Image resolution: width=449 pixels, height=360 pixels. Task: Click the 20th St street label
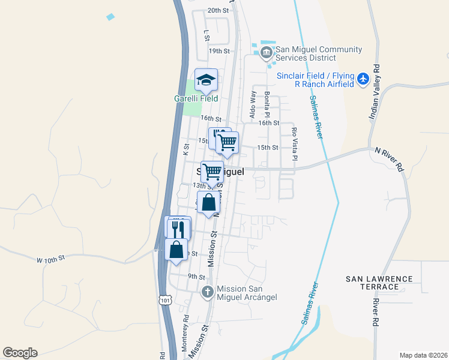218,10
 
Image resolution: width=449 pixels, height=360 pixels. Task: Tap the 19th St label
220,52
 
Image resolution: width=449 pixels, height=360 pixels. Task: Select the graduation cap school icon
206,80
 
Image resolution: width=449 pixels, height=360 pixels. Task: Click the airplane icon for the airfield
363,79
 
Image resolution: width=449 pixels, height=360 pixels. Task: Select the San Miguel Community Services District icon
266,53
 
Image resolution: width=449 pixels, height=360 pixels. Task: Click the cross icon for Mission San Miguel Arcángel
207,293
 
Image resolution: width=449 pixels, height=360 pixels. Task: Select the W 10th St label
50,259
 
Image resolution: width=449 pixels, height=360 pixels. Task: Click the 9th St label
196,277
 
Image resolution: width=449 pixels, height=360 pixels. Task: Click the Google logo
20,353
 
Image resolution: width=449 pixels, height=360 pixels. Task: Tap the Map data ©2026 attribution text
423,355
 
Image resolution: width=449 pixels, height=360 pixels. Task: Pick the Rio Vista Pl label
294,144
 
